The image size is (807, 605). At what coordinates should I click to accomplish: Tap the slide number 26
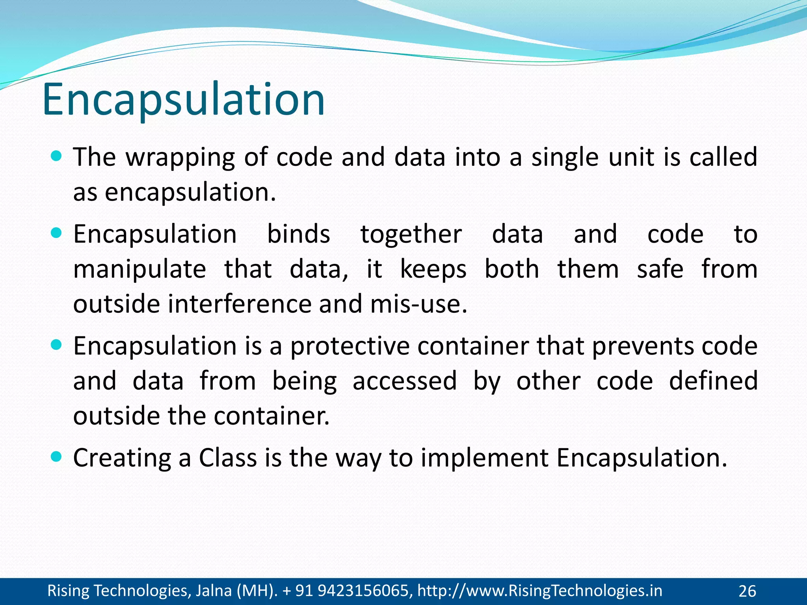coord(747,591)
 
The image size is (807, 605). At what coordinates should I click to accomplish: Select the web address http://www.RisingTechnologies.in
coord(539,591)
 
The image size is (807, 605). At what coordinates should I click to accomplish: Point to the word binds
coord(298,234)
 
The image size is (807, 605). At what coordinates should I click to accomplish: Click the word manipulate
coord(139,269)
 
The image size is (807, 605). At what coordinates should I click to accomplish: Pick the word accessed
coord(404,381)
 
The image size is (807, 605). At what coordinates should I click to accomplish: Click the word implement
coord(484,458)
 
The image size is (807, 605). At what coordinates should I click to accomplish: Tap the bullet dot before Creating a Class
coord(57,457)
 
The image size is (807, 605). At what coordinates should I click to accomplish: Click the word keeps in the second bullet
coord(433,270)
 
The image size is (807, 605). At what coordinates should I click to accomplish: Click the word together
coord(411,235)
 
